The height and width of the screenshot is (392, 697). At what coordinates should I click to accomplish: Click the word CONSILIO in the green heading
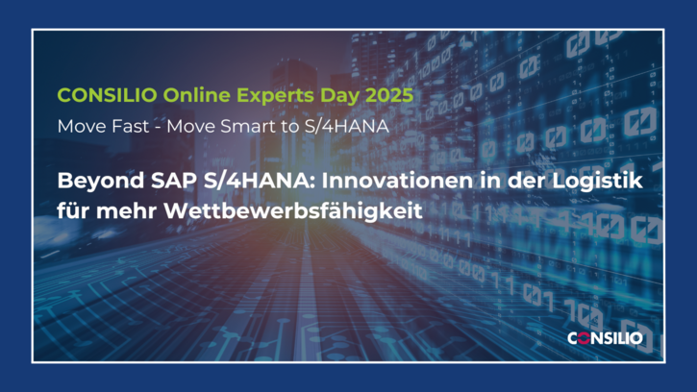[x=107, y=95]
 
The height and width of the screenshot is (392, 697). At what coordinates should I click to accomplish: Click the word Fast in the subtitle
[x=130, y=126]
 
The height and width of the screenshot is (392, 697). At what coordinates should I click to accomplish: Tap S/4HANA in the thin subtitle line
[x=347, y=126]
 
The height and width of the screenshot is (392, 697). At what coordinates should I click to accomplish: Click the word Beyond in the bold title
[x=101, y=181]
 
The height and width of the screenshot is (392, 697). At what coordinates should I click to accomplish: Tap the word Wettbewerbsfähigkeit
[x=293, y=210]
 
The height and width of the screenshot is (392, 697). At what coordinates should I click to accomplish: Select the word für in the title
[x=73, y=210]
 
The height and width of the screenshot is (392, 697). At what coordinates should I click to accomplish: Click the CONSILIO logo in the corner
[x=605, y=338]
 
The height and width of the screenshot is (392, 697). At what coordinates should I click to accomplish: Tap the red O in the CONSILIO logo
[x=585, y=338]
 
